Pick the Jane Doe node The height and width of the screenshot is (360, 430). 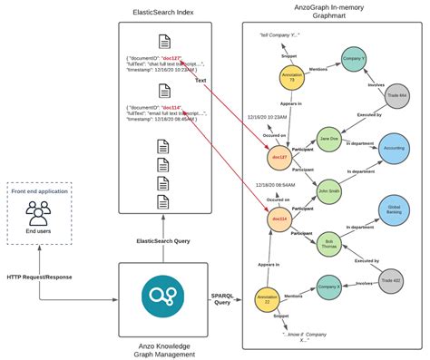329,140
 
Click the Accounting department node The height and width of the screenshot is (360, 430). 393,148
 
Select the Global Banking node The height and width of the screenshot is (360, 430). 393,210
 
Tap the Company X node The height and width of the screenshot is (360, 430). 329,288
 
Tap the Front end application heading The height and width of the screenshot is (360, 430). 40,191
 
